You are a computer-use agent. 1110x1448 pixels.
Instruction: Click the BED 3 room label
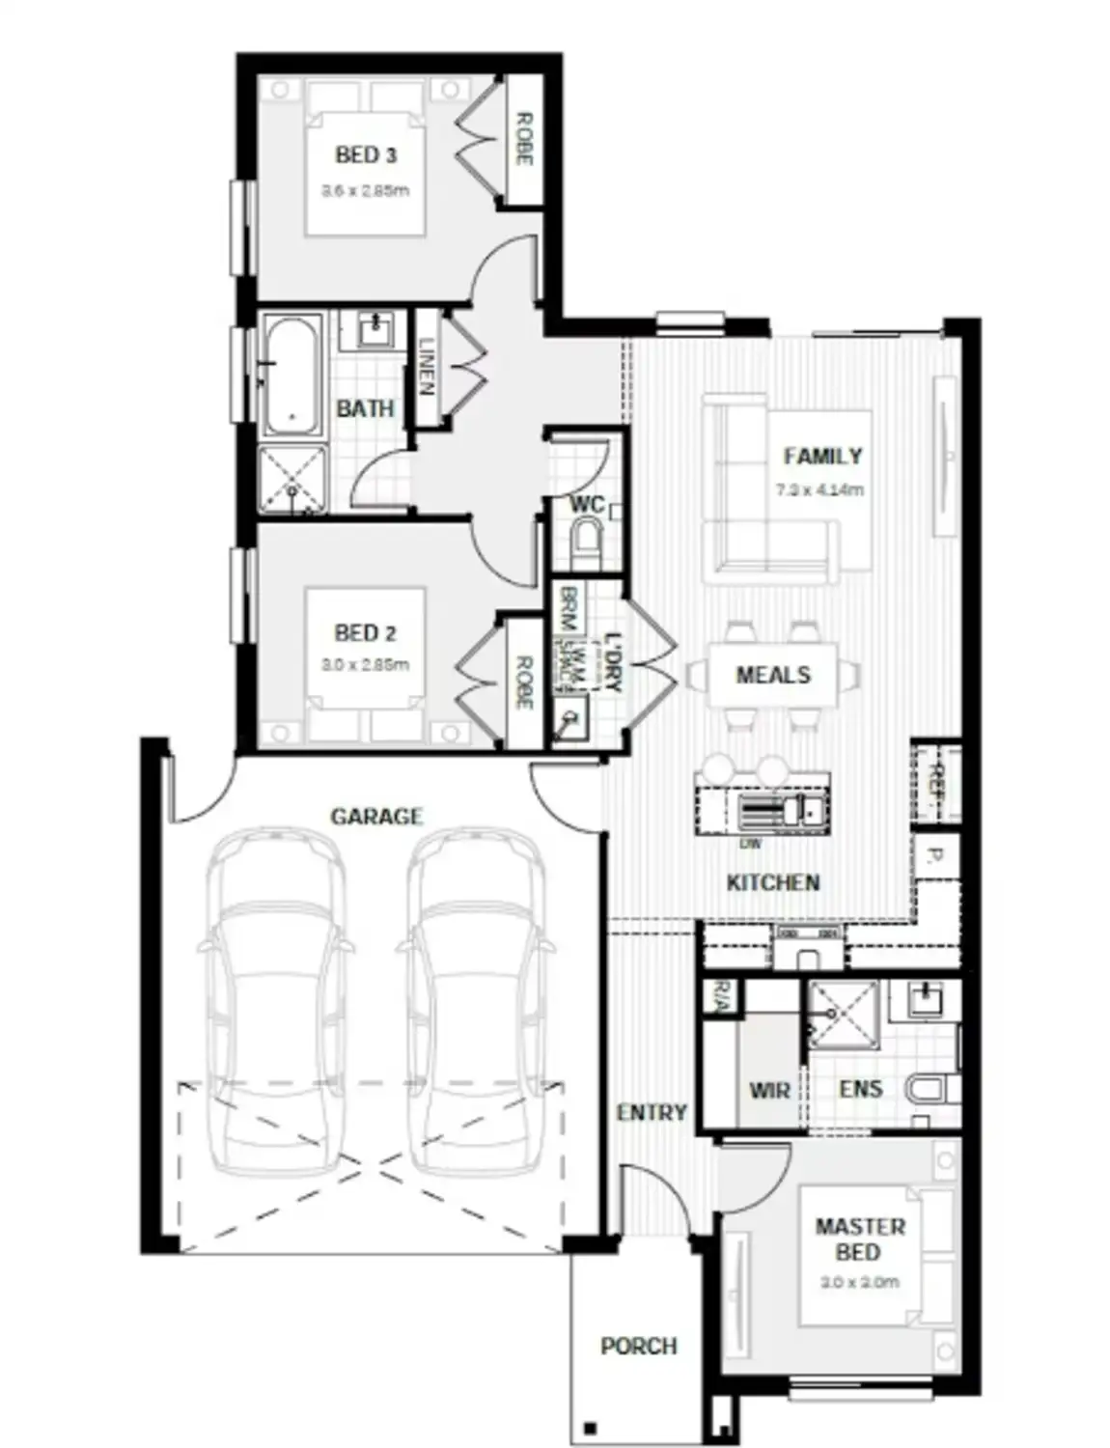click(365, 154)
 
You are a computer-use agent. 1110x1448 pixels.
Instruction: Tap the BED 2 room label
click(365, 633)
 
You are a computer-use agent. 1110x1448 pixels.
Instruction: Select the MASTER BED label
click(859, 1239)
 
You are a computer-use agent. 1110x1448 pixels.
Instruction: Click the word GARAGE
click(376, 817)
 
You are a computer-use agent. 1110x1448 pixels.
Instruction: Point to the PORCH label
click(638, 1346)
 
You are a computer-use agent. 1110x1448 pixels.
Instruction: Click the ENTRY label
click(652, 1113)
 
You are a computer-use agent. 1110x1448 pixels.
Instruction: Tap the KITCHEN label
click(773, 882)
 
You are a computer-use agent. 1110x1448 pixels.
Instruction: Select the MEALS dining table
click(773, 675)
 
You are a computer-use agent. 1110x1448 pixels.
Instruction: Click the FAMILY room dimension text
click(819, 490)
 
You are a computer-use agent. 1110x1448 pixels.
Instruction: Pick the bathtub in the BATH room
click(293, 375)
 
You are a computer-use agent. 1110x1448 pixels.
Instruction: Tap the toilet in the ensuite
click(929, 1089)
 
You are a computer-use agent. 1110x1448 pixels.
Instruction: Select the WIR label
click(769, 1091)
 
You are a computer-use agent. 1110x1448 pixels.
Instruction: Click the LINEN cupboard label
click(426, 367)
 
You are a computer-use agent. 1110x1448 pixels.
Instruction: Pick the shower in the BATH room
click(292, 480)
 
